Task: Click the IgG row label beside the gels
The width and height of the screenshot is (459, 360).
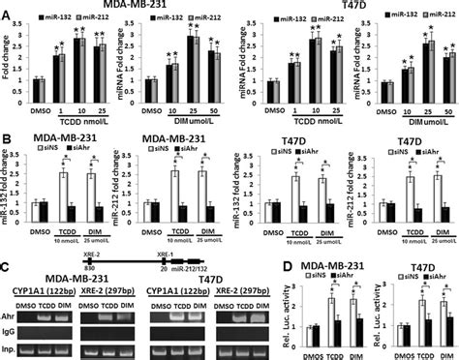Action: (x=14, y=330)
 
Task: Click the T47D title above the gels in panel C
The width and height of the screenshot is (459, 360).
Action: (x=211, y=278)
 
